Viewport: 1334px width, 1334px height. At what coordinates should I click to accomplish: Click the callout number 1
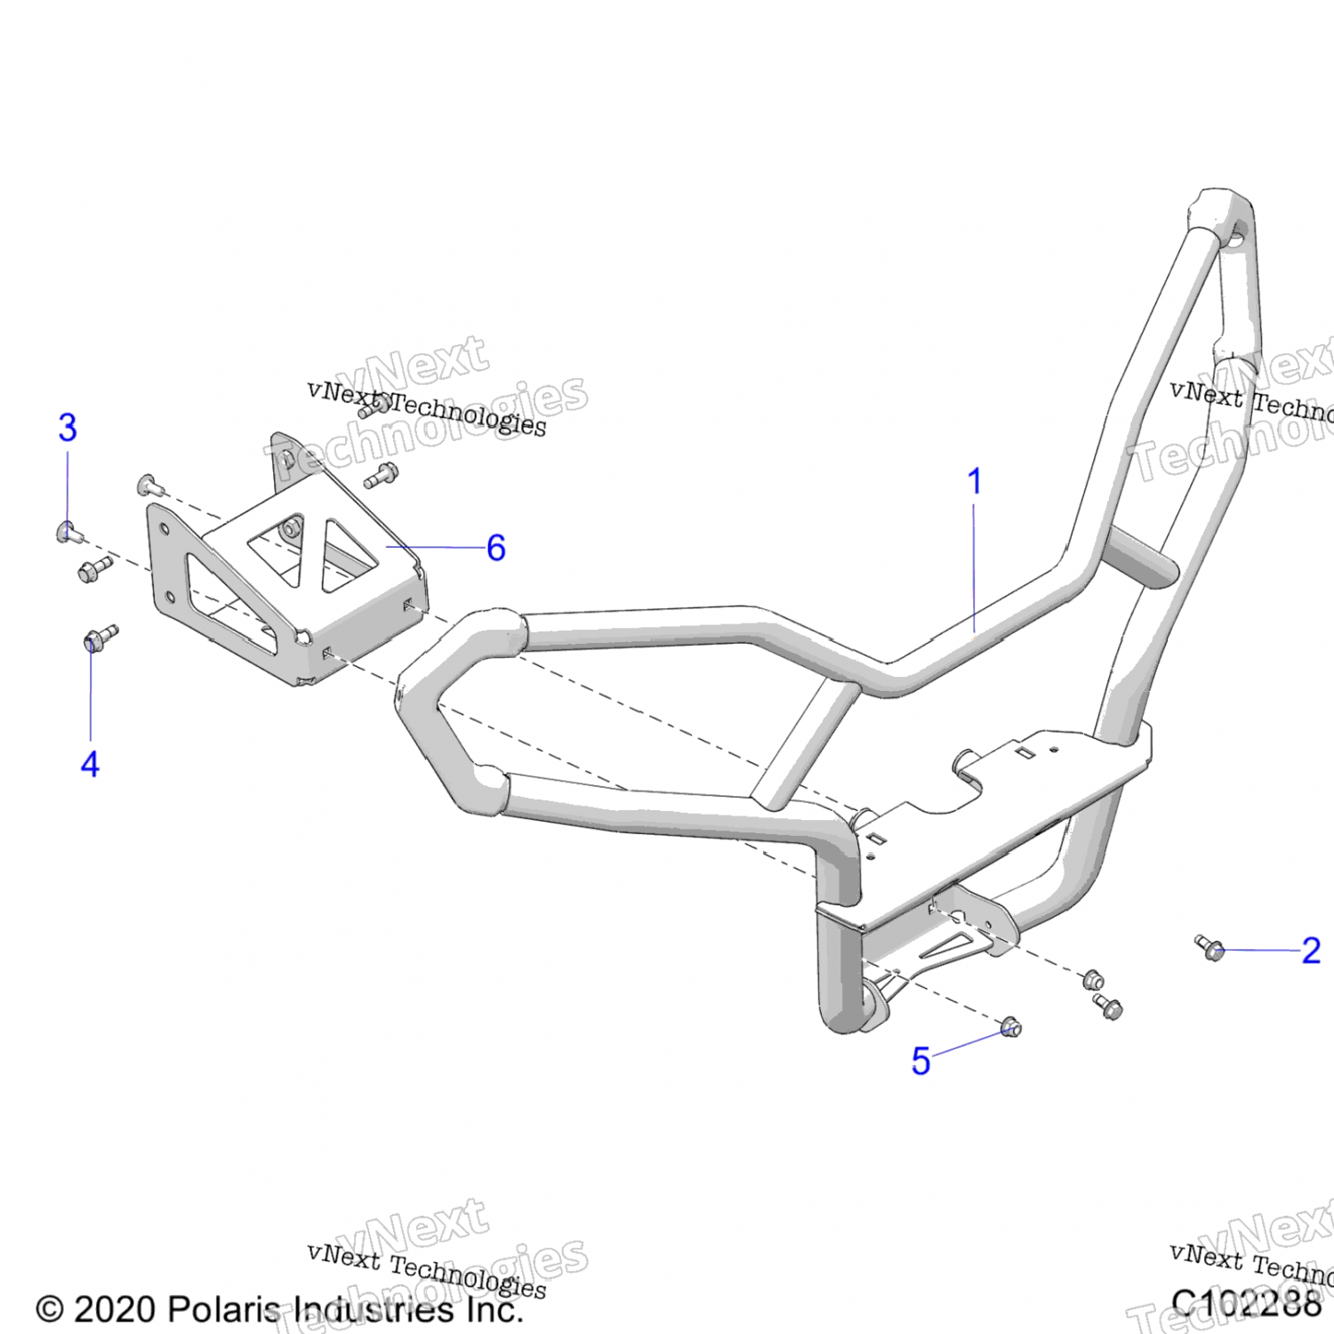975,481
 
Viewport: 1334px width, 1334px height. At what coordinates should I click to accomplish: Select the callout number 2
1310,950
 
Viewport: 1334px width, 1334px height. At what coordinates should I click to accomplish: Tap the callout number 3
68,428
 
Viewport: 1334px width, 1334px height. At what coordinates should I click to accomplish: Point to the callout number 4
90,764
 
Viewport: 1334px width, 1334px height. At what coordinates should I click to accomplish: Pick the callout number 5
920,1061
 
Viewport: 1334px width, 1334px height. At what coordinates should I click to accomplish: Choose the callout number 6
496,548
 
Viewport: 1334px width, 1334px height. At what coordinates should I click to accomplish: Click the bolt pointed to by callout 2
1210,948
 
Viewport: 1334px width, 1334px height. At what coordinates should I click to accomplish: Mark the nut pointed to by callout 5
1010,1028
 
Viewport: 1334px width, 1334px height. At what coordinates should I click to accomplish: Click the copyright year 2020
116,1309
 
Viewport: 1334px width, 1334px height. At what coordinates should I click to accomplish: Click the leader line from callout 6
436,547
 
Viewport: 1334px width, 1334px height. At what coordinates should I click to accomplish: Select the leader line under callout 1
975,569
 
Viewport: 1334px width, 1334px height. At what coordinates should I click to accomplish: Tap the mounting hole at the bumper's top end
1236,236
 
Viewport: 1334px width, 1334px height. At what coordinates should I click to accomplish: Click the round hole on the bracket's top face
290,530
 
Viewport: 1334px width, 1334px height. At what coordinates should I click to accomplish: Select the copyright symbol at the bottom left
50,1309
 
